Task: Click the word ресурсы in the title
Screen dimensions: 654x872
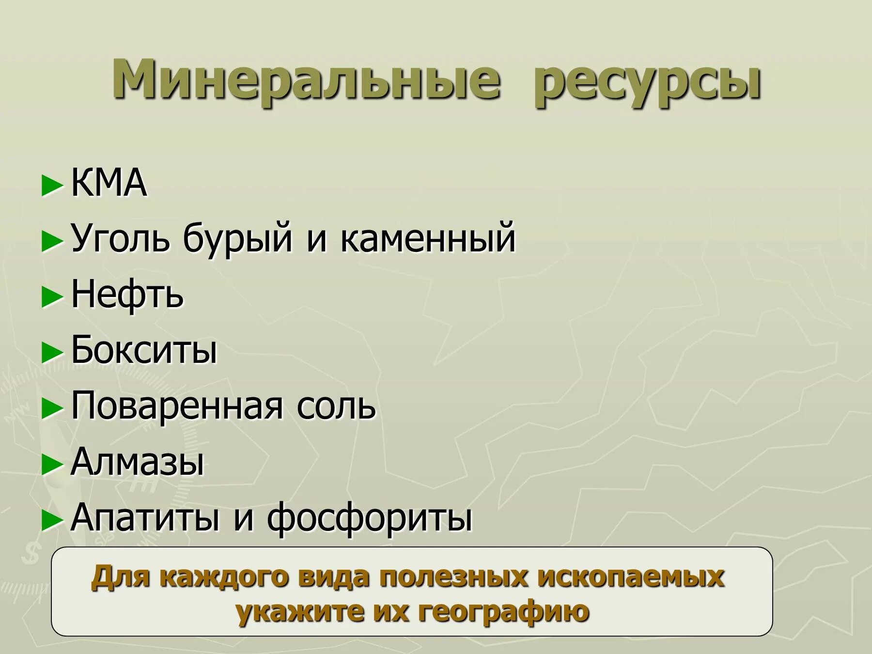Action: (648, 82)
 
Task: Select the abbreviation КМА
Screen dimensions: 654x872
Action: (109, 183)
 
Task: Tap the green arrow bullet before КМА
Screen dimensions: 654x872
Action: (52, 185)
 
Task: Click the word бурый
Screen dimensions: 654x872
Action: (238, 239)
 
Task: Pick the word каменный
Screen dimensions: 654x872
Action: (428, 238)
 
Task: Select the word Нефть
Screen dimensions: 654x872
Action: (127, 295)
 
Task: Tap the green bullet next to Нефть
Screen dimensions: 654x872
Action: (52, 296)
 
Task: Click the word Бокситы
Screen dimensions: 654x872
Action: (144, 350)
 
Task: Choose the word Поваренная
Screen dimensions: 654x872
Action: (177, 406)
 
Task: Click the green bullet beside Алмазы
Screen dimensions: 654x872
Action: (52, 465)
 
